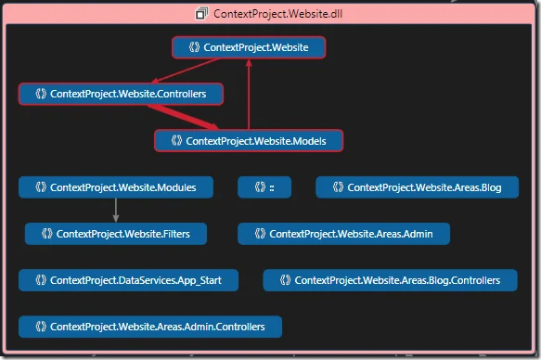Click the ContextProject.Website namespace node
pos(249,47)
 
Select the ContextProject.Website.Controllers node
pos(121,94)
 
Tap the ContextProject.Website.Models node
pos(249,140)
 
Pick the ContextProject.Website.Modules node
pos(115,186)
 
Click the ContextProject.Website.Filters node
pos(115,233)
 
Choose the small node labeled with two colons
pos(264,186)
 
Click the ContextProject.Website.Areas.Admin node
pos(343,233)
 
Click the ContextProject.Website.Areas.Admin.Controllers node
pos(149,327)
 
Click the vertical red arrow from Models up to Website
pos(248,93)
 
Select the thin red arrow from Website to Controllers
pos(186,71)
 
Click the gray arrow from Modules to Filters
pos(115,210)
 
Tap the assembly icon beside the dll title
pos(201,13)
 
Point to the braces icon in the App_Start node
pos(40,279)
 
